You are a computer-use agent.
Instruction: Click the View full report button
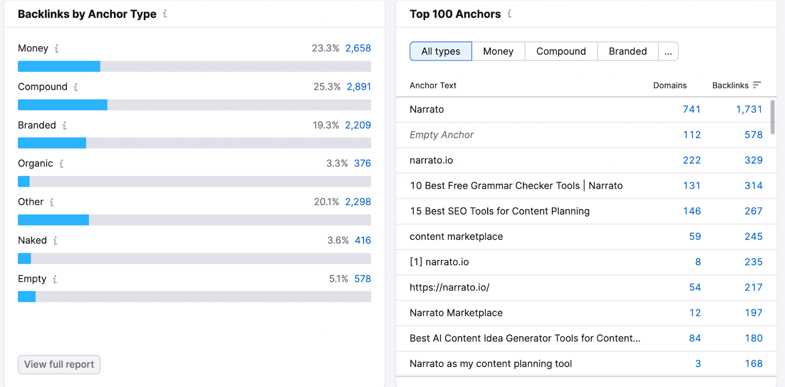pos(59,364)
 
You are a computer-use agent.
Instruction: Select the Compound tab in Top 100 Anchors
pos(561,51)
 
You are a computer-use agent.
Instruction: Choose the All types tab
pos(441,51)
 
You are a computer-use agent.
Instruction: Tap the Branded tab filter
pos(628,51)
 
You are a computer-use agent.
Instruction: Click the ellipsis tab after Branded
pos(668,51)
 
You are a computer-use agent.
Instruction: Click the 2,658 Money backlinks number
pos(358,48)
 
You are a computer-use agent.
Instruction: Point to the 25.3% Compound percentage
pos(327,87)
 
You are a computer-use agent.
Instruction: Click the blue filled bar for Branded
pos(52,143)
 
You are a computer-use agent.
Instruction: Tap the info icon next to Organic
pos(61,164)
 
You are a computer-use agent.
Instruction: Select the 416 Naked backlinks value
pos(363,240)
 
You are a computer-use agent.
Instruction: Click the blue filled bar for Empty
pos(26,297)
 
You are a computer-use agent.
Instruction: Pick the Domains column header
pos(670,85)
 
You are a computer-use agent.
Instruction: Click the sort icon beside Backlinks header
pos(757,85)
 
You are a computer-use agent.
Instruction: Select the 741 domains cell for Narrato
pos(691,110)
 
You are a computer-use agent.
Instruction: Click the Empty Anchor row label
pos(442,135)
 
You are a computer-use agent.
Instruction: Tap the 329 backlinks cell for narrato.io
pos(753,160)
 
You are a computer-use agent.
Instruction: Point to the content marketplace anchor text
pos(456,237)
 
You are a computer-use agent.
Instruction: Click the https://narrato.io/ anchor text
pos(449,287)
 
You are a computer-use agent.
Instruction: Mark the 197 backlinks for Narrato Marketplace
pos(753,313)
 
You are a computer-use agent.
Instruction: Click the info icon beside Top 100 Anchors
pos(510,14)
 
